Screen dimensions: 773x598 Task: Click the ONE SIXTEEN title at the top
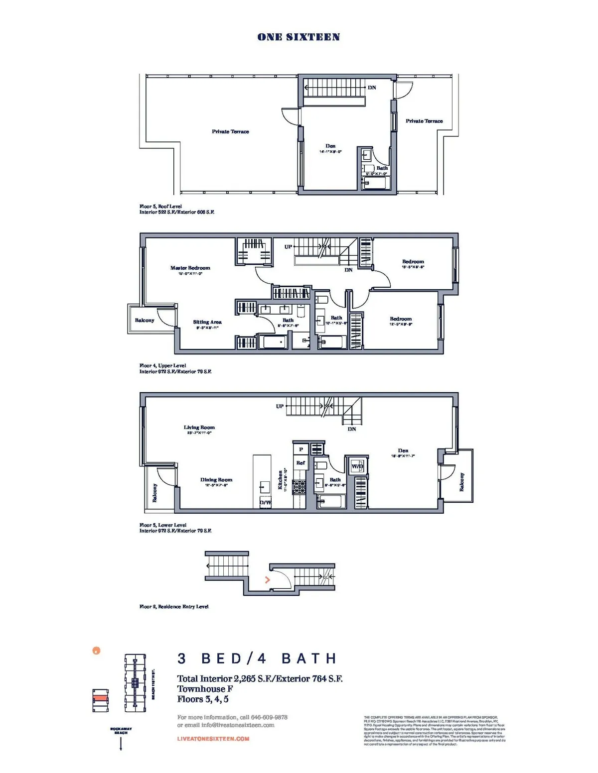coord(299,37)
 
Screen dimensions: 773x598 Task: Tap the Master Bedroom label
coord(190,268)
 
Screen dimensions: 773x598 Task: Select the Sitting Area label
coord(207,322)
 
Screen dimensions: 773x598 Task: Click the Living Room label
coord(199,427)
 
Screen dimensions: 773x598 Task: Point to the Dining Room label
coord(216,480)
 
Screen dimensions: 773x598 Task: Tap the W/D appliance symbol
coord(357,466)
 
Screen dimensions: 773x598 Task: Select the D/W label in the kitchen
coord(266,502)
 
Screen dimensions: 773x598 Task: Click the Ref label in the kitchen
coord(300,462)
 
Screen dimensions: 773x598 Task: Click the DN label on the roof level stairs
coord(372,88)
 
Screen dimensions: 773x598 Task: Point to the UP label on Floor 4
coord(288,247)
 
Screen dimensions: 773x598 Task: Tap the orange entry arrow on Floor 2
coord(268,580)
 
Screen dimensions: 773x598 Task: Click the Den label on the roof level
coord(330,146)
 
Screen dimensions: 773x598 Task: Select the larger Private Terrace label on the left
coord(230,131)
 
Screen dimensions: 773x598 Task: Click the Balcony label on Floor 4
coord(145,320)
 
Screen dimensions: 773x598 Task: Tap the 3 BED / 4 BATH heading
coord(257,659)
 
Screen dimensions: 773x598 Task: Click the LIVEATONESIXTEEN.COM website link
coord(213,739)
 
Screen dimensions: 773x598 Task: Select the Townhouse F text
coord(205,689)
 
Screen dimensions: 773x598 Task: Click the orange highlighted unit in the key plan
coord(100,698)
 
